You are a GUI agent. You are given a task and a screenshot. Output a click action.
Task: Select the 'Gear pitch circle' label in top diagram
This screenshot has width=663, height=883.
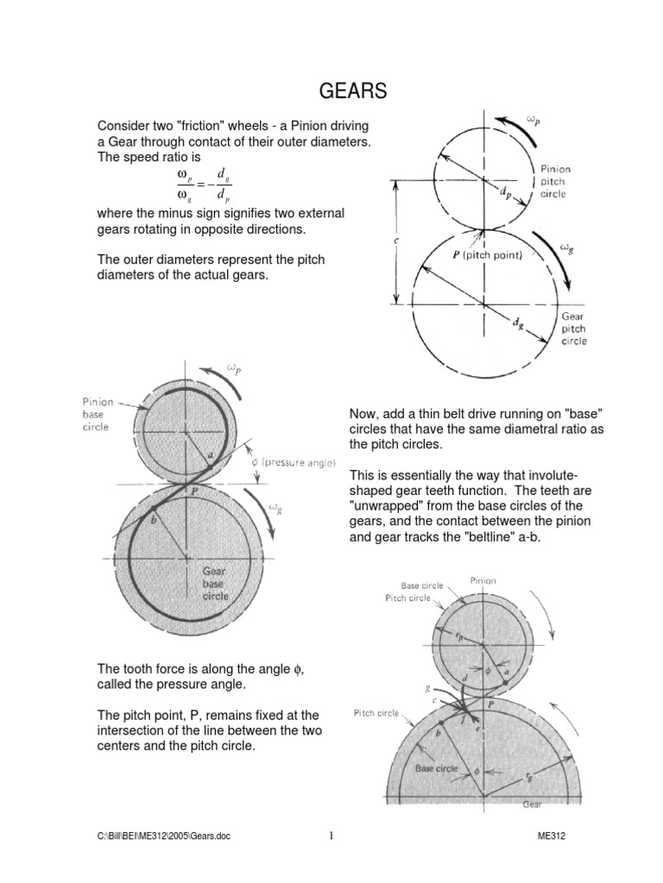574,329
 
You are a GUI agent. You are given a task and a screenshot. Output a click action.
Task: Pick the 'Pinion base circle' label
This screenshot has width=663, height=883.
97,414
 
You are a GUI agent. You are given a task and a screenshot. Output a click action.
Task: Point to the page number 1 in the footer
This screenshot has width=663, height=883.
331,835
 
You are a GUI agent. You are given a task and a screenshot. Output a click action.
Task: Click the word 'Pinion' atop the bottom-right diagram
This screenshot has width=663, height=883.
483,580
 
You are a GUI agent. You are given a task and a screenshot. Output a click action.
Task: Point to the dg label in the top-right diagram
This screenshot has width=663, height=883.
517,323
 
